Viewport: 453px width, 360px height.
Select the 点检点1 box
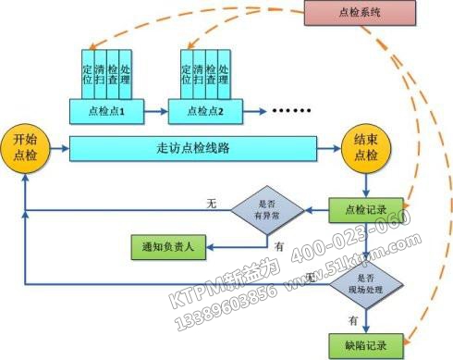pos(109,111)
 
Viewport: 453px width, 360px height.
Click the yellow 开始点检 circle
pos(24,147)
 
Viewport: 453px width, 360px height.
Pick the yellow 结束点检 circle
pos(363,147)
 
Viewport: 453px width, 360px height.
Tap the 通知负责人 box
pos(165,247)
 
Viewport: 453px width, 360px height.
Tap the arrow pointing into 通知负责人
pos(214,247)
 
